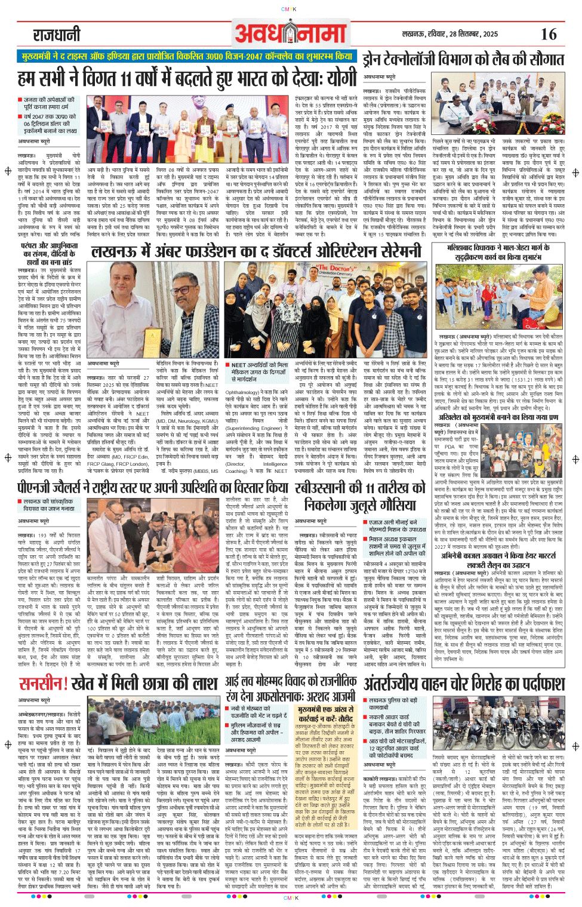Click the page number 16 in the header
click(x=548, y=34)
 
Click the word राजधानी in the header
click(x=57, y=35)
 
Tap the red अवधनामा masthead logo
click(x=290, y=33)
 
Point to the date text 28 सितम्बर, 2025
click(x=465, y=34)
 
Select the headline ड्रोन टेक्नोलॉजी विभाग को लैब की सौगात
click(x=463, y=59)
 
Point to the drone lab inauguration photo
click(x=498, y=107)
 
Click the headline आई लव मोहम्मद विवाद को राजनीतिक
click(x=291, y=688)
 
